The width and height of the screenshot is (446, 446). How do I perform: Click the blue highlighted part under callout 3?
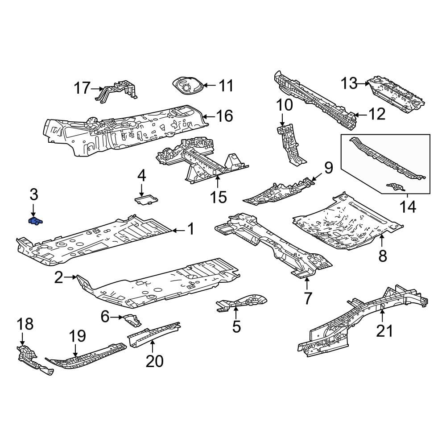point(35,221)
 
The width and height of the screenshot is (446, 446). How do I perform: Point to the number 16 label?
point(224,116)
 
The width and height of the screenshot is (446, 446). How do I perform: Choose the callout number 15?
point(219,197)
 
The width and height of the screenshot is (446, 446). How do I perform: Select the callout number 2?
point(58,277)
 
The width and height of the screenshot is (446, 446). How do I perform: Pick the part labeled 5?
point(241,302)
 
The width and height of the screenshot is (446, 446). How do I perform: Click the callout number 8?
point(383,255)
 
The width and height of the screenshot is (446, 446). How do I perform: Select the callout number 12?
point(377,114)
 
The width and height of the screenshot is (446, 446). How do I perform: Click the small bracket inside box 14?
point(395,187)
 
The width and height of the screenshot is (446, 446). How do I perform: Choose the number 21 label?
point(384,331)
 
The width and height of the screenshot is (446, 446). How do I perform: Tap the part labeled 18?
point(34,360)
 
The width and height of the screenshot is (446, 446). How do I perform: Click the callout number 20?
point(154,361)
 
